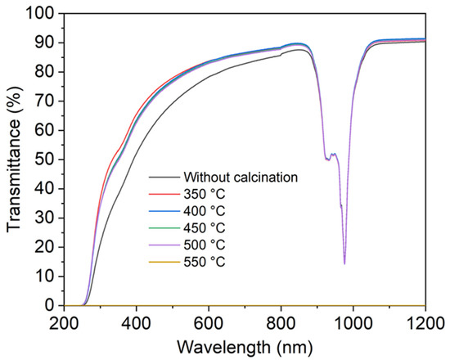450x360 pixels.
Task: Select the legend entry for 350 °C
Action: [x=205, y=195]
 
